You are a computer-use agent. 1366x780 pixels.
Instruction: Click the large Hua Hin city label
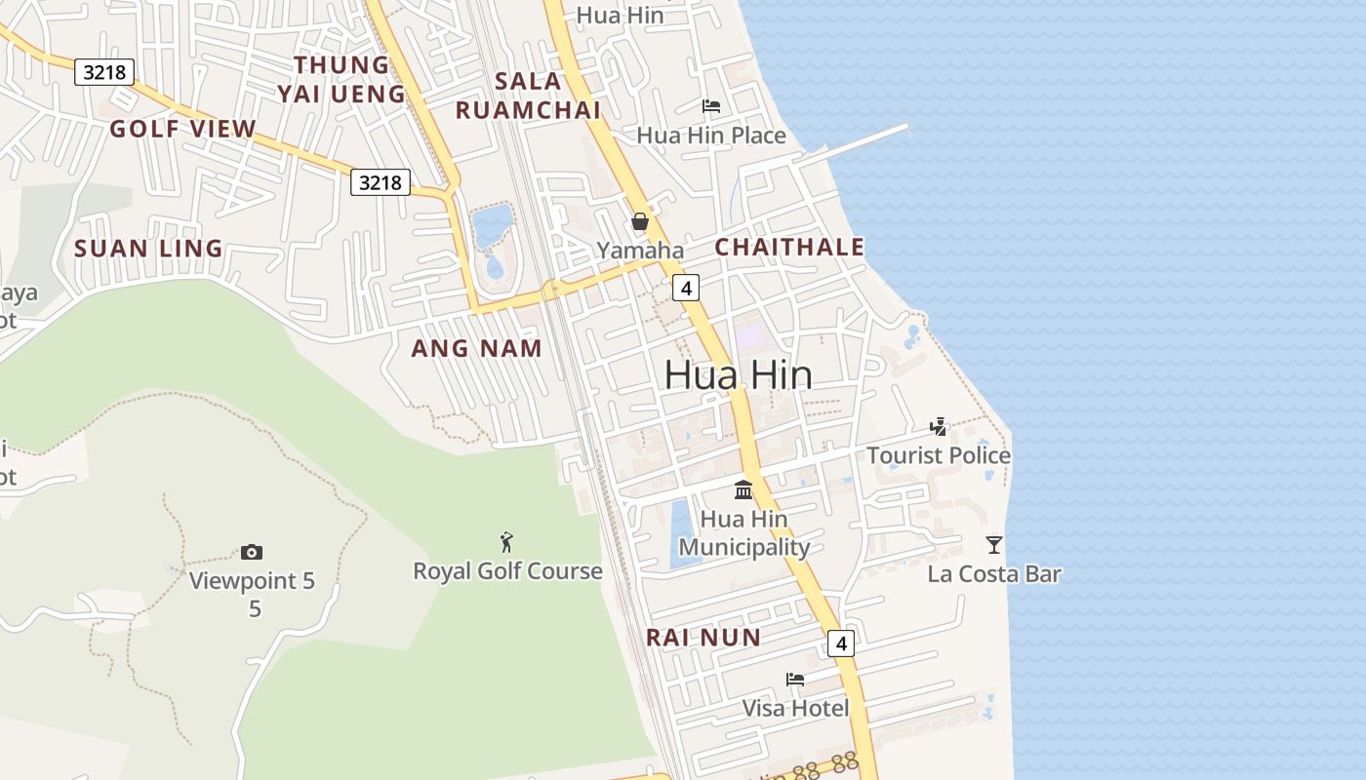(x=738, y=375)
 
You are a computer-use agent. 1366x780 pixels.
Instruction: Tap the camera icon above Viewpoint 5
(x=252, y=553)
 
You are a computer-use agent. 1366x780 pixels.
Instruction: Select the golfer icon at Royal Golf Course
(x=506, y=542)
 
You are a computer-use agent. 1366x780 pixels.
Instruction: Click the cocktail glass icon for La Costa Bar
(x=994, y=545)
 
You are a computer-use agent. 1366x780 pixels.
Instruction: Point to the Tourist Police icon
(x=939, y=426)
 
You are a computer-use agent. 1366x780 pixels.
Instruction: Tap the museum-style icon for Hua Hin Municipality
(x=743, y=489)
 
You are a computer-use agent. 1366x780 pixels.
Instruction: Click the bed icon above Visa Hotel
(x=795, y=680)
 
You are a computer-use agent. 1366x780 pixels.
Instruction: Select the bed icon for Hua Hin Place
(x=711, y=106)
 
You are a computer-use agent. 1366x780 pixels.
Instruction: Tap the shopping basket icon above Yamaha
(x=640, y=221)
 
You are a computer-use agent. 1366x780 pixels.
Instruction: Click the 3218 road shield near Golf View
(x=104, y=71)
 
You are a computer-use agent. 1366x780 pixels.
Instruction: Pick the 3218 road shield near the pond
(x=381, y=182)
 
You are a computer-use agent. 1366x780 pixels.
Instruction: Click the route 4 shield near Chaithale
(x=687, y=288)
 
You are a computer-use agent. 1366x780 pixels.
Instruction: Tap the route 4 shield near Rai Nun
(x=840, y=643)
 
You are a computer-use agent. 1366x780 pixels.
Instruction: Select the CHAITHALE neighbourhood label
(x=789, y=248)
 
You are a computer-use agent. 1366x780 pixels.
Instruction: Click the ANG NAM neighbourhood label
(x=476, y=348)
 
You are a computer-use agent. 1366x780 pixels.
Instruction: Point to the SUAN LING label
(x=148, y=249)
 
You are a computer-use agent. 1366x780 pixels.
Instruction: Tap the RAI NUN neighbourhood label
(x=703, y=638)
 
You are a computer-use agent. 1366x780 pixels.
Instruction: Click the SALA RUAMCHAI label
(x=528, y=96)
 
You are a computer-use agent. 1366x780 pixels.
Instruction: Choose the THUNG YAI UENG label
(x=341, y=79)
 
